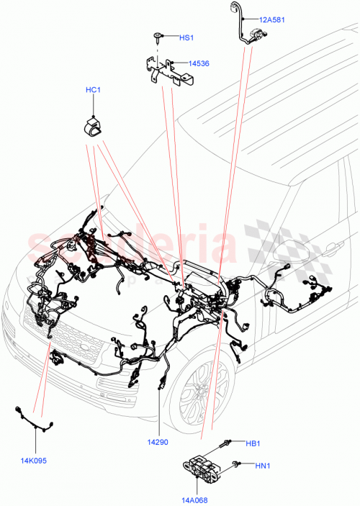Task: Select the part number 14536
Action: coord(199,64)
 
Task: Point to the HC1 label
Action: coord(94,90)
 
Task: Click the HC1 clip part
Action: coord(93,126)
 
